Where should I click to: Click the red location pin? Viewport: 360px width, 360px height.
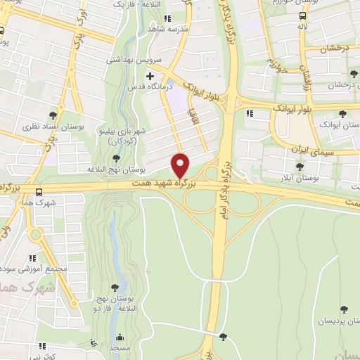click(181, 165)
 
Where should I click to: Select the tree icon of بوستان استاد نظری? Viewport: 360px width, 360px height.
click(53, 115)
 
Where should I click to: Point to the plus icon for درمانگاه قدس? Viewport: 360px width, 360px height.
click(149, 75)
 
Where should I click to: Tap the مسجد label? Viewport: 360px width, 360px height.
click(119, 347)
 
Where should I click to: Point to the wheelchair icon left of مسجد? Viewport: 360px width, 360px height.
click(94, 344)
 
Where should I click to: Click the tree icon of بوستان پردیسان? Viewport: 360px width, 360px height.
click(344, 309)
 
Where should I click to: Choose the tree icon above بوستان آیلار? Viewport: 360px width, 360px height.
click(300, 167)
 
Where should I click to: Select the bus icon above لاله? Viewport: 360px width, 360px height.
click(302, 15)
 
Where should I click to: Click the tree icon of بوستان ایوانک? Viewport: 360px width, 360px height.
click(342, 114)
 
